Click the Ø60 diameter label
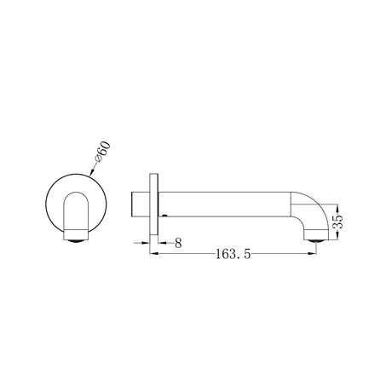(100, 154)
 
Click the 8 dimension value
(176, 243)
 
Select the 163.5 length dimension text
(223, 254)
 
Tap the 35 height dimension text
(338, 218)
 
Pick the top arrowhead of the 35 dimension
(339, 206)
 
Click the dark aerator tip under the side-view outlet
(315, 239)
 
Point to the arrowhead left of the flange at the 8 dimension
(147, 243)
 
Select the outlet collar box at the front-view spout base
(76, 232)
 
